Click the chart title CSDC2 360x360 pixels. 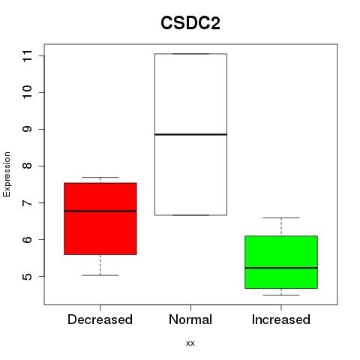pyautogui.click(x=190, y=23)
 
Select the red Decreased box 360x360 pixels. pyautogui.click(x=100, y=219)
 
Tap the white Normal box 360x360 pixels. pyautogui.click(x=190, y=134)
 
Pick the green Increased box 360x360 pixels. pyautogui.click(x=281, y=262)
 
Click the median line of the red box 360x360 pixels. pyautogui.click(x=100, y=211)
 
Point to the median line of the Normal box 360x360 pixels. pyautogui.click(x=190, y=134)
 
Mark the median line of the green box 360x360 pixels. pyautogui.click(x=281, y=268)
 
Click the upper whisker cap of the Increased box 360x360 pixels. pyautogui.click(x=281, y=217)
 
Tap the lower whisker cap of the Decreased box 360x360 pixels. pyautogui.click(x=100, y=275)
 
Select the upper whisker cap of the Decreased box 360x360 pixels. pyautogui.click(x=100, y=177)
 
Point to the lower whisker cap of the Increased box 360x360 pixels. pyautogui.click(x=281, y=295)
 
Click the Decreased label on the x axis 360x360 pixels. pyautogui.click(x=100, y=319)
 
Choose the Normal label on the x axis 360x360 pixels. pyautogui.click(x=190, y=319)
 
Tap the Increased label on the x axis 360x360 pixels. pyautogui.click(x=281, y=319)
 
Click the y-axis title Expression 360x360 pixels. pyautogui.click(x=7, y=174)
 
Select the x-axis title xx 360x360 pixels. pyautogui.click(x=190, y=343)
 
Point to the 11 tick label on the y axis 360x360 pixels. pyautogui.click(x=27, y=55)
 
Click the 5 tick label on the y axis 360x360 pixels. pyautogui.click(x=27, y=276)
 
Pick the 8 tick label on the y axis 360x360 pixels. pyautogui.click(x=27, y=166)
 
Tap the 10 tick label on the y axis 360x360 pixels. pyautogui.click(x=27, y=92)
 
